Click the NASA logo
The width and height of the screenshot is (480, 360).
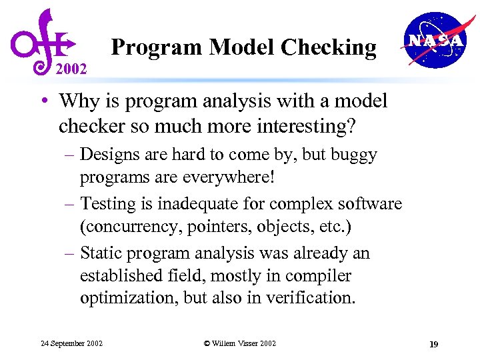(434, 40)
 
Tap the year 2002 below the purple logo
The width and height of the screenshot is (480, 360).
(71, 69)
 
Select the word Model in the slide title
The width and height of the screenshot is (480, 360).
(243, 47)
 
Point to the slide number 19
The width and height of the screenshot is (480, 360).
(433, 344)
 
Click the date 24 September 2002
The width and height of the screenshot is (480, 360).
(71, 343)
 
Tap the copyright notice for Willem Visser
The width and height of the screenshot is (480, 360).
(239, 343)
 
